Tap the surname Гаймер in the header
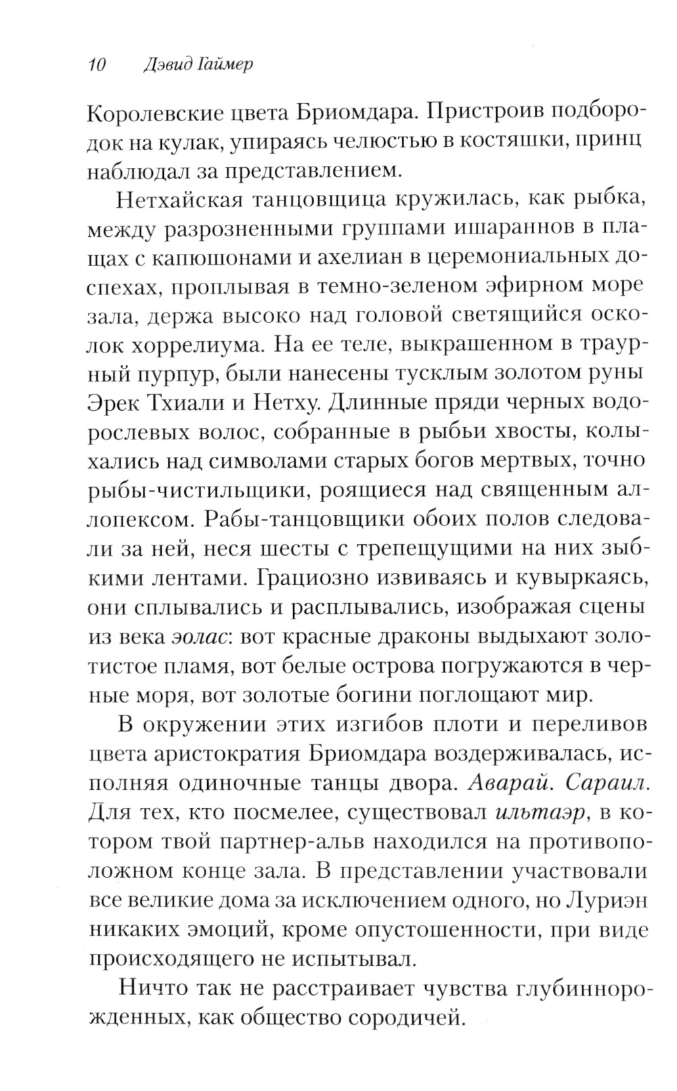point(215,65)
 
